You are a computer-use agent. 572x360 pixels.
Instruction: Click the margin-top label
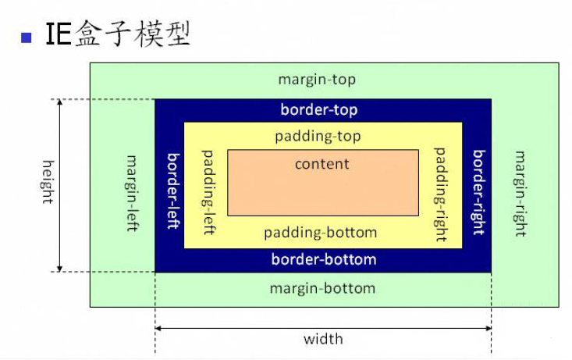coord(317,80)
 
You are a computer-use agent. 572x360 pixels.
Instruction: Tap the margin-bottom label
coord(322,288)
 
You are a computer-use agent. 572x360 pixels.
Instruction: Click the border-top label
coord(318,110)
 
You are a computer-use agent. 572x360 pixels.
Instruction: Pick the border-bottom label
coord(323,259)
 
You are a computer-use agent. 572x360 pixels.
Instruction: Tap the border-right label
coord(478,192)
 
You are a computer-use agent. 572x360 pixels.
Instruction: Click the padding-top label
coord(318,136)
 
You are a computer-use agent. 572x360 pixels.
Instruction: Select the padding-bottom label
coord(320,233)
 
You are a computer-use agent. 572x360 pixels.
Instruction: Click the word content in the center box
coord(322,164)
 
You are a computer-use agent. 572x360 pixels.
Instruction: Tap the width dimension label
coord(323,339)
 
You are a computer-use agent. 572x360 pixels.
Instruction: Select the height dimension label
coord(47,182)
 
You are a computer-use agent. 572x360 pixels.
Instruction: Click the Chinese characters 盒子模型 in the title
coord(133,35)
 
